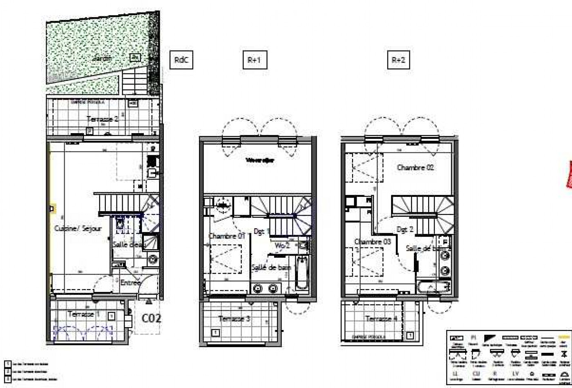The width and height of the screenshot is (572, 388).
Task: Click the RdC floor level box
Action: [181, 60]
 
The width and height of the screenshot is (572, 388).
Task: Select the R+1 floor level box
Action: [255, 60]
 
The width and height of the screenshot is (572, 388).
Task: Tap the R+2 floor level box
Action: [398, 60]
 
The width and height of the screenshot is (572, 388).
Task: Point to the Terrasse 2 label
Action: [102, 119]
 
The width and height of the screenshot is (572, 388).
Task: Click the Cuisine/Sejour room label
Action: [78, 229]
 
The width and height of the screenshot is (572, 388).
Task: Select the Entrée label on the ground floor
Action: [130, 283]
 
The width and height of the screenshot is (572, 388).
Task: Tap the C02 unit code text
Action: [151, 318]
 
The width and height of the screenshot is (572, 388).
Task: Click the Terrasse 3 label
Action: [234, 319]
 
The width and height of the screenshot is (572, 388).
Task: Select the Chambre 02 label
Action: [415, 167]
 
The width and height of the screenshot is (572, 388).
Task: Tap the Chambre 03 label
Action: [373, 241]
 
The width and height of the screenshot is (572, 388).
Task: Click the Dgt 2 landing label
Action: [404, 230]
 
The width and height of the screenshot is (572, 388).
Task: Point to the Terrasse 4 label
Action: [381, 319]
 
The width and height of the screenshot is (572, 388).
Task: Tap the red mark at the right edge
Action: [569, 175]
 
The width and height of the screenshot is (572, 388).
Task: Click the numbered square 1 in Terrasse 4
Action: [410, 336]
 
